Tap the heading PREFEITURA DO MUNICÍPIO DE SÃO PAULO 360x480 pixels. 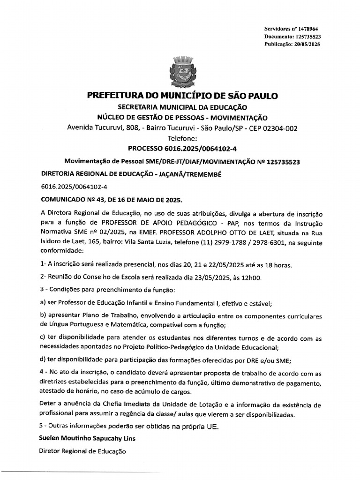click(182, 96)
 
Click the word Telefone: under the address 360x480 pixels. click(182, 138)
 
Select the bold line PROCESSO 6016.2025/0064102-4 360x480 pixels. click(182, 149)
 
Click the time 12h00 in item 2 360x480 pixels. click(251, 277)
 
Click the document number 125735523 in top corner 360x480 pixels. click(306, 37)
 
